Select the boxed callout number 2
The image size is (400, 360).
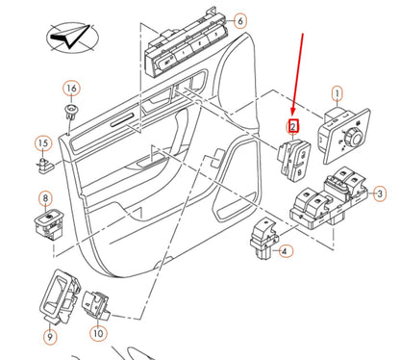pos(293,125)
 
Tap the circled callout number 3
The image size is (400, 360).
pos(379,194)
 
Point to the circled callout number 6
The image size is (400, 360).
pos(239,19)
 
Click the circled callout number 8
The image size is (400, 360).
pos(43,200)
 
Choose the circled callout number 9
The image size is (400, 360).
pos(49,336)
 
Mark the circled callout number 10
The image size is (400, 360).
pos(98,333)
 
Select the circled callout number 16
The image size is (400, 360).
pos(70,89)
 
